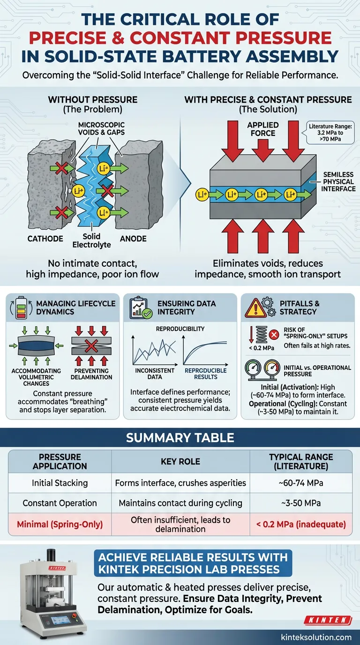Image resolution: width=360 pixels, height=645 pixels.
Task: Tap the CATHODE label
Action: point(45,239)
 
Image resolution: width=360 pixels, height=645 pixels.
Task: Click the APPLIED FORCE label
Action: point(262,129)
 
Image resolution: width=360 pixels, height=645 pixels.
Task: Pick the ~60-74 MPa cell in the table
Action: point(301,483)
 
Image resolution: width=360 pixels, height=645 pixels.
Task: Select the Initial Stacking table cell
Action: point(60,483)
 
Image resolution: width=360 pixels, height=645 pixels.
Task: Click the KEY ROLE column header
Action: point(180,462)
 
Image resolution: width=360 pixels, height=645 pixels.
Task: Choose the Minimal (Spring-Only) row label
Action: point(60,524)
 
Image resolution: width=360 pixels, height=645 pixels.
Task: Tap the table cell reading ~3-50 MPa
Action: point(301,503)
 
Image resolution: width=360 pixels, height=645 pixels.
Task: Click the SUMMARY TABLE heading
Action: point(180,438)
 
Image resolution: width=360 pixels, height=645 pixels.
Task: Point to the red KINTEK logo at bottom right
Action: point(328,620)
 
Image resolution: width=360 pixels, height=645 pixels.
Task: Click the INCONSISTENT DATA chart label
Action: point(154,374)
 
